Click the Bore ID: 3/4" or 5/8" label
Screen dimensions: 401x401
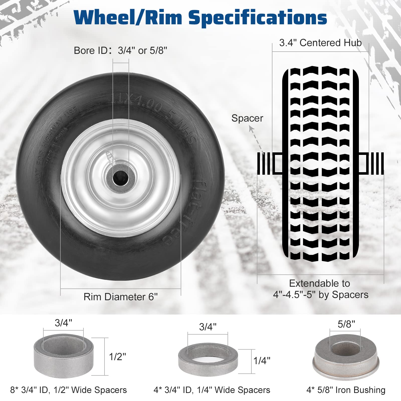120,51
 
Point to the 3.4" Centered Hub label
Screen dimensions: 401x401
320,43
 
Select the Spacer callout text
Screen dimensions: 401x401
247,118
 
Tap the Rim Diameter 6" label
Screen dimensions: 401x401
121,297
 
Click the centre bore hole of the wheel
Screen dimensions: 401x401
120,177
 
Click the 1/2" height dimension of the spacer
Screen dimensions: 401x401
117,357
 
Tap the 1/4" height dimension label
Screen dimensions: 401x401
262,361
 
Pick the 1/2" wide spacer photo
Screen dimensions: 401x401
63,356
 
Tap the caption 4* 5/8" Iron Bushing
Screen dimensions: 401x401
346,390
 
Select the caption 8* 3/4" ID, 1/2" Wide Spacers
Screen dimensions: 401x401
68,390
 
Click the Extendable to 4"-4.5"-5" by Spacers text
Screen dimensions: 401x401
321,289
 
